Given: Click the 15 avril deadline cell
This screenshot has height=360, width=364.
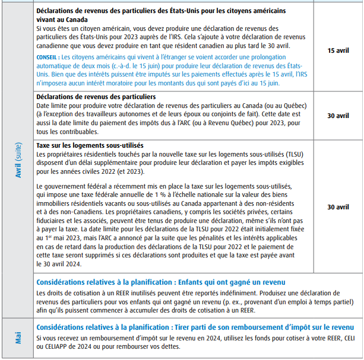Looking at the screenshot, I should [338, 51].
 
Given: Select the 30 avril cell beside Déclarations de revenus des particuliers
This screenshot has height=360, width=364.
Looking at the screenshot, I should [338, 116].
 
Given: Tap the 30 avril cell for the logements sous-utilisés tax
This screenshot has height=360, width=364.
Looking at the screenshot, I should [338, 208].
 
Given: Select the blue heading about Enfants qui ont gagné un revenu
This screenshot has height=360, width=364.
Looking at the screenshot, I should [161, 282].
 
